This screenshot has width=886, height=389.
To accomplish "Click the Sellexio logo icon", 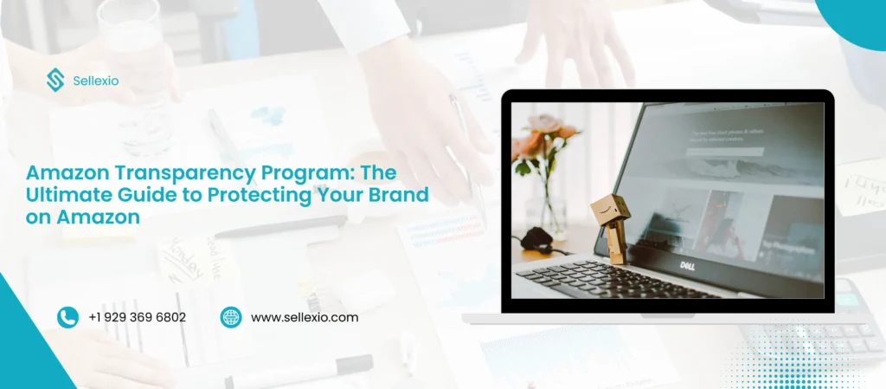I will pos(55,81).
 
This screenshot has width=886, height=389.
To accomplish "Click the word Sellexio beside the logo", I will pos(95,81).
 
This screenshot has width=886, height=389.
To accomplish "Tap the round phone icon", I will pos(67,317).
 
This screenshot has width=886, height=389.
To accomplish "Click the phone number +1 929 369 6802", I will pos(137,318).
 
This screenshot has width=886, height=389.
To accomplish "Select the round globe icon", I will pos(231,317).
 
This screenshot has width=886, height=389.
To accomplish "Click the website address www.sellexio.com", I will pos(305,318).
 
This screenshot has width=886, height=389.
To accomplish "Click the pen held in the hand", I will pos(467,156).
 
